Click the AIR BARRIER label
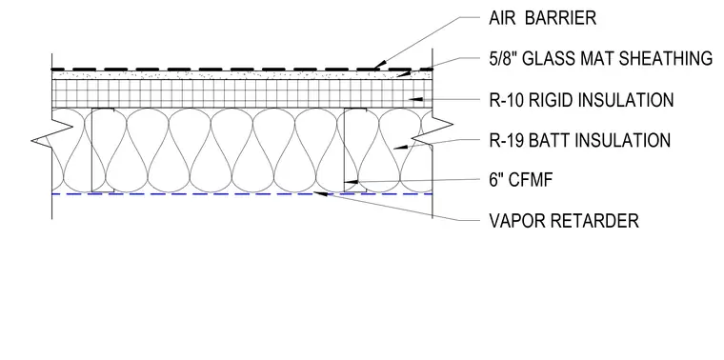coord(543,18)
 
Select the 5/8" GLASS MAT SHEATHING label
coord(601,59)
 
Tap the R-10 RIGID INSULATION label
coord(581,100)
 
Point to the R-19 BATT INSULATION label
coord(580,140)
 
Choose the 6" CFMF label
coord(521,180)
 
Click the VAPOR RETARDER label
coord(564,221)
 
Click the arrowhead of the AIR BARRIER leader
coord(380,66)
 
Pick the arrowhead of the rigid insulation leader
coord(417,98)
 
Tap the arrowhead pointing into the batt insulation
coord(400,147)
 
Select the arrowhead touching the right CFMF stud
coord(351,182)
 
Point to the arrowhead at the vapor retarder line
coord(320,193)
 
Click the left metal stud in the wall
coord(103,150)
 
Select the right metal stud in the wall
coord(355,150)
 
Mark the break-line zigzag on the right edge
coord(432,131)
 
